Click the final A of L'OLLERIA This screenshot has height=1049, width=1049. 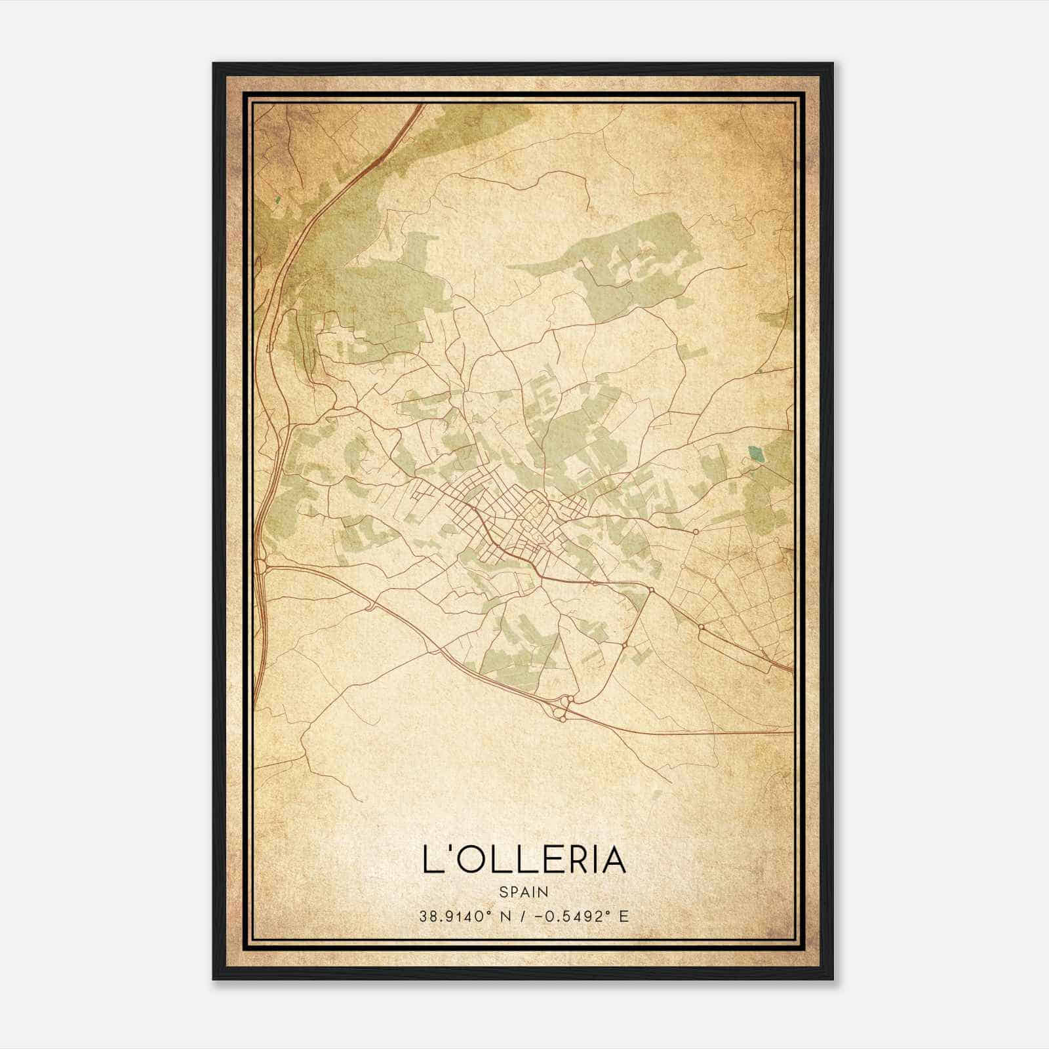[614, 860]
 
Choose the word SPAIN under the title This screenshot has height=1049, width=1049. [524, 892]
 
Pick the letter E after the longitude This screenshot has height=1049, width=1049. [623, 916]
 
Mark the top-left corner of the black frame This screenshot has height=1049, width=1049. [214, 64]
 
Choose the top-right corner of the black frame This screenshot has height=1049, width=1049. [833, 64]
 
